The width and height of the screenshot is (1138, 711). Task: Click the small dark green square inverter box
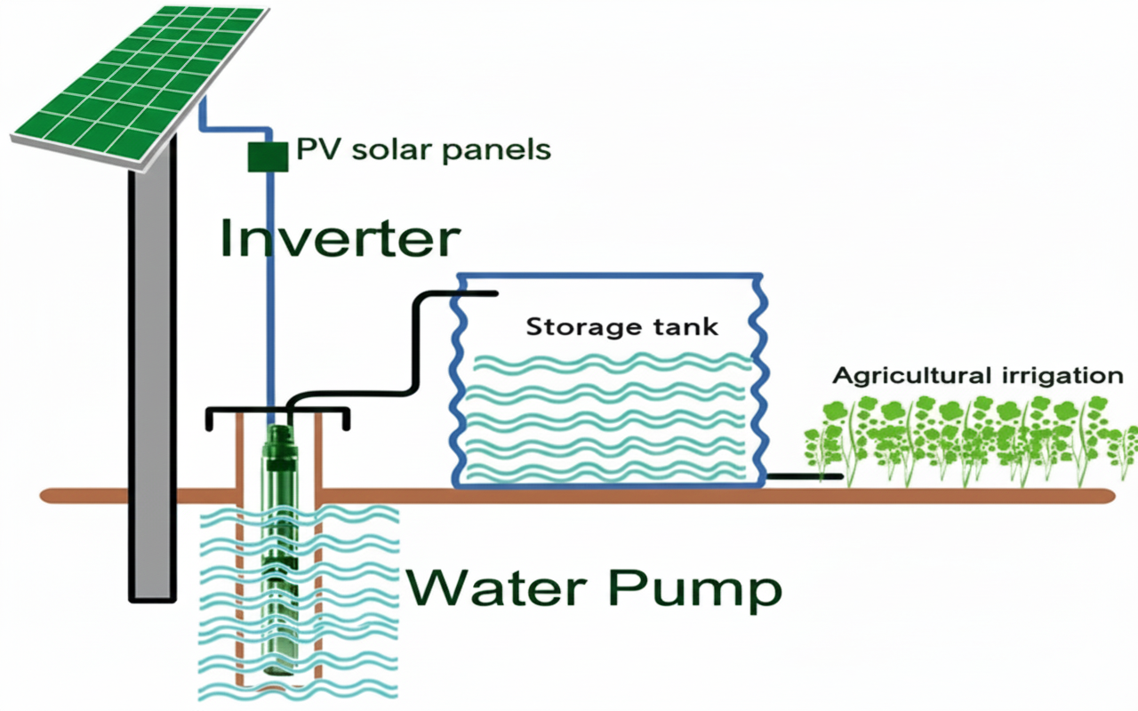(x=267, y=155)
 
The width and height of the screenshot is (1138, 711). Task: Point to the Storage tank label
(x=621, y=326)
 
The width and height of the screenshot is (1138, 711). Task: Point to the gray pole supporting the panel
(x=150, y=373)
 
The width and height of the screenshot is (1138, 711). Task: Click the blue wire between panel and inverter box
(x=206, y=116)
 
